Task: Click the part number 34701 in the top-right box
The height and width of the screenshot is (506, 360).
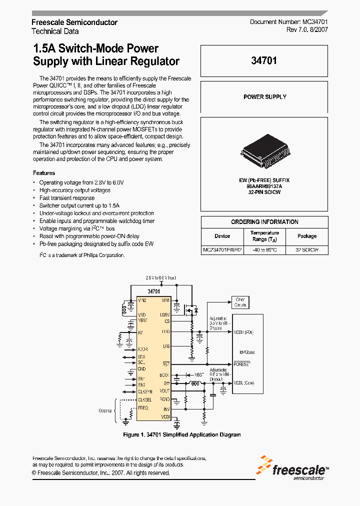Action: [264, 61]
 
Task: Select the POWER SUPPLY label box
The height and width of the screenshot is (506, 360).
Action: [264, 97]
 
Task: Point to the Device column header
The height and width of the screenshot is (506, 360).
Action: [222, 236]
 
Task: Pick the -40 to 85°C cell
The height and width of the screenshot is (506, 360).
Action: [264, 249]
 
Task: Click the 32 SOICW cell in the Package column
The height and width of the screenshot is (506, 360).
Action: [306, 249]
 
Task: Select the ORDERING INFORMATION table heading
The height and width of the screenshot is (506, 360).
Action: [264, 222]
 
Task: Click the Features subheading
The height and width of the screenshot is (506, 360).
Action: [44, 173]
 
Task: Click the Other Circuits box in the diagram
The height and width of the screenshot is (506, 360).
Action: [240, 302]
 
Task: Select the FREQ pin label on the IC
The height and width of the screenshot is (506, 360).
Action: [143, 408]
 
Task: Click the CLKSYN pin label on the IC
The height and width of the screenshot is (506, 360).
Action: [145, 392]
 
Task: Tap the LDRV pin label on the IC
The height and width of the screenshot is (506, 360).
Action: [165, 314]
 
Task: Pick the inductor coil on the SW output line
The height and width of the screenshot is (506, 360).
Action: [193, 384]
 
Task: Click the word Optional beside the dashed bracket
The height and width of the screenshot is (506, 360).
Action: [105, 410]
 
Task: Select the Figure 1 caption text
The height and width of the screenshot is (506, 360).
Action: [182, 434]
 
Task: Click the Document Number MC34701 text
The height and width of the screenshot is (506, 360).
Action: [288, 22]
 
